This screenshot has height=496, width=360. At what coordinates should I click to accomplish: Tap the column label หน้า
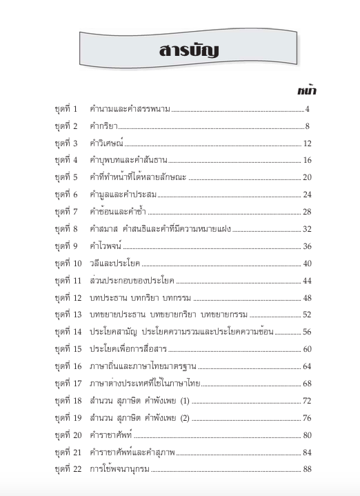(307, 90)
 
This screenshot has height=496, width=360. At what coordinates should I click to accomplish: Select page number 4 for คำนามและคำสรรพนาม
(308, 109)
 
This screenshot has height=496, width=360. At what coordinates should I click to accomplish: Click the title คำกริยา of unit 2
(104, 126)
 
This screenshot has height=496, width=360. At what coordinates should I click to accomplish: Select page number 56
(308, 332)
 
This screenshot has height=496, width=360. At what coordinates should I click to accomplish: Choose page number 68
(308, 384)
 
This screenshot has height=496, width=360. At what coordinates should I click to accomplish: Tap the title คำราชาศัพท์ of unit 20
(110, 435)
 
